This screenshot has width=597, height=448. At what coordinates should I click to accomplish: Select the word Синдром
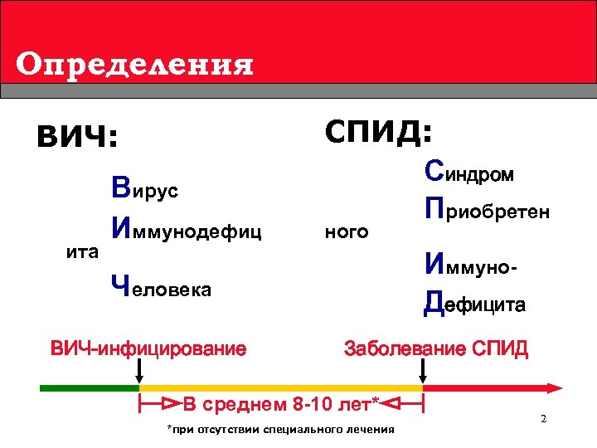point(468,173)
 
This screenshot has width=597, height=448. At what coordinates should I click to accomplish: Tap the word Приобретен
point(486,210)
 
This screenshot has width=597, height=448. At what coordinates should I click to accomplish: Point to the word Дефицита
point(473,304)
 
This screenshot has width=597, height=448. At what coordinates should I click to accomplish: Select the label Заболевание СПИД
point(435,348)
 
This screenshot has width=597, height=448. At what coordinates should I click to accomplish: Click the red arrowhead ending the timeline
point(556,387)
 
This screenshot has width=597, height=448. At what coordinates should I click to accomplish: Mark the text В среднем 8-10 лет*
point(280,405)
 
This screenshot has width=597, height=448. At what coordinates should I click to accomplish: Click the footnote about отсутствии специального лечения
point(280,429)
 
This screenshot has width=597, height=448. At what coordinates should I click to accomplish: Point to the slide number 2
point(543,418)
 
